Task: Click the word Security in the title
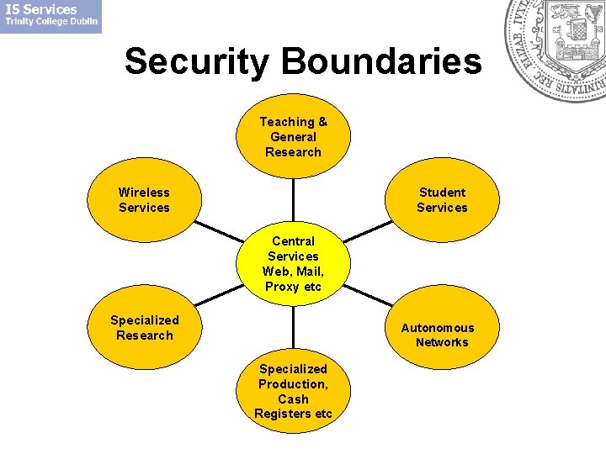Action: [199, 61]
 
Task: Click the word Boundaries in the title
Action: [382, 61]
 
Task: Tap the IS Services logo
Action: [50, 16]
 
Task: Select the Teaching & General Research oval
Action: [293, 136]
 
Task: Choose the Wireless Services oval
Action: [144, 200]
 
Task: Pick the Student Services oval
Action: [442, 200]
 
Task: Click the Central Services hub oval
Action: [293, 264]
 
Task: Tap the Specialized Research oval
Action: [144, 328]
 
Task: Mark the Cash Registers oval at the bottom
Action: [293, 392]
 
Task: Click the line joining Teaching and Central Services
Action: [293, 200]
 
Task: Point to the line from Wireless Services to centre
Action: [219, 232]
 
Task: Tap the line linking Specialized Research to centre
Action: [219, 295]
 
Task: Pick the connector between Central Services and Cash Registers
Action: [293, 328]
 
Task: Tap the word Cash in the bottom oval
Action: [293, 399]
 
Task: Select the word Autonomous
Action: [438, 328]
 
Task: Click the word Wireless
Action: [144, 193]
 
